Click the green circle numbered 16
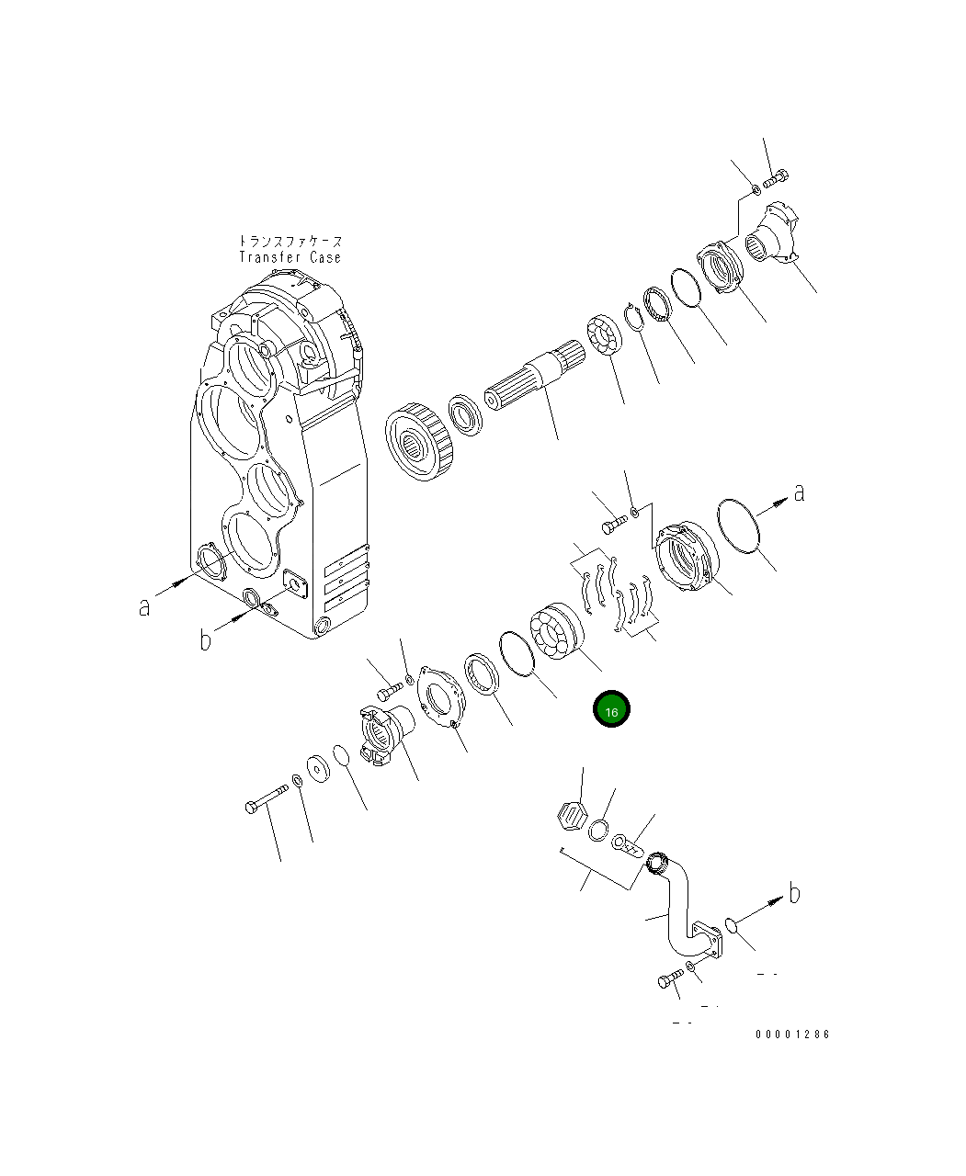point(611,710)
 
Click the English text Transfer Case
point(290,257)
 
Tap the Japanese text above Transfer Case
point(290,241)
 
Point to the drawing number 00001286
point(792,1035)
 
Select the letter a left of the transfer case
point(144,606)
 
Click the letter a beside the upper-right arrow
point(799,492)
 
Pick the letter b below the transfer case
point(206,639)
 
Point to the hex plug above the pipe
point(572,814)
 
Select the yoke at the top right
point(769,236)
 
